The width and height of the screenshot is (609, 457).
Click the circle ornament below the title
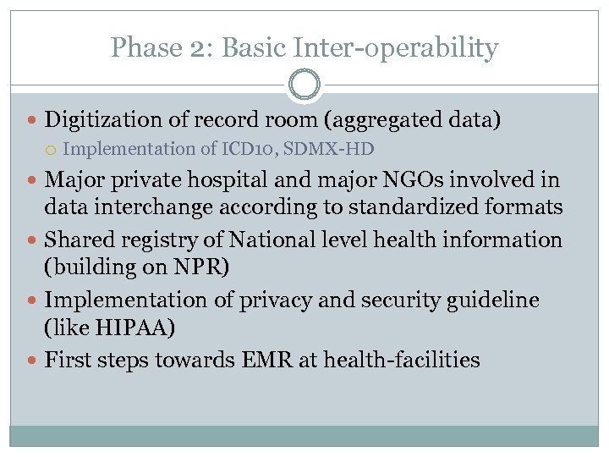(x=304, y=85)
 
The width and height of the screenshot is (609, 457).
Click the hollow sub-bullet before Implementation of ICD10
(x=52, y=150)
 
